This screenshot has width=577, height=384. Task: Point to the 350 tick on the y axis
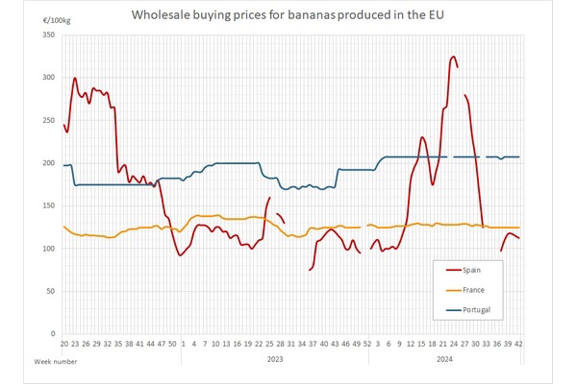(50, 35)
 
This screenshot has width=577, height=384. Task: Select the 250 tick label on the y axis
(50, 120)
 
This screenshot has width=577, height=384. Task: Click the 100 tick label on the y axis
(50, 249)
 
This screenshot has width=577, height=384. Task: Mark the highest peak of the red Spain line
(453, 57)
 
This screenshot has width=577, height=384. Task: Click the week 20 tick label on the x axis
(63, 343)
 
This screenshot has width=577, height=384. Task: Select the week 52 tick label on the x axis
(367, 343)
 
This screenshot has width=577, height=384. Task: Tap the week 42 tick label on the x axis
(519, 343)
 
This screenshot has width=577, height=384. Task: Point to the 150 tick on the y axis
(50, 205)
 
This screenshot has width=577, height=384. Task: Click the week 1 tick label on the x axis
(185, 343)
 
